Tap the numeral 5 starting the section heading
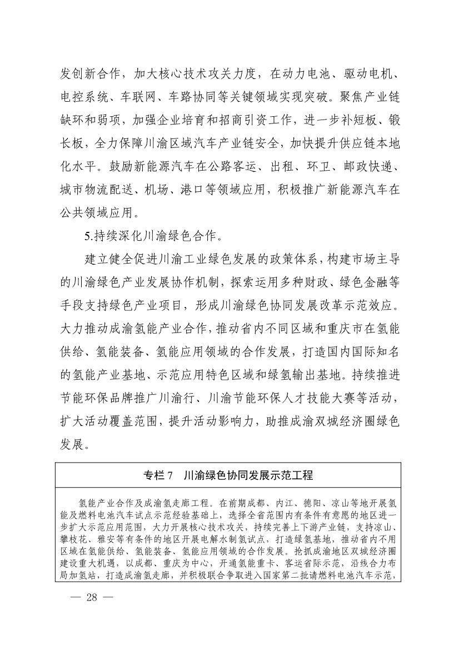(87, 235)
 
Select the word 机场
(197, 189)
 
